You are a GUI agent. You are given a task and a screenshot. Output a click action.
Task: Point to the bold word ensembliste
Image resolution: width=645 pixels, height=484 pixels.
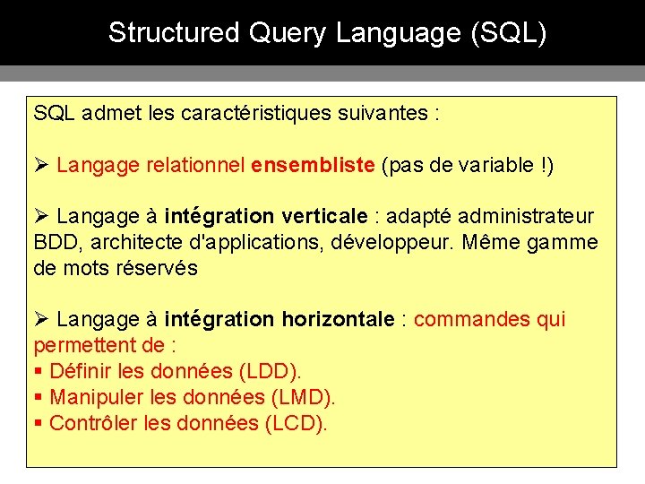point(313,165)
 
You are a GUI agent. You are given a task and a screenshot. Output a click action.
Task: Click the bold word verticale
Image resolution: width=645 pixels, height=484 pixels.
point(324,216)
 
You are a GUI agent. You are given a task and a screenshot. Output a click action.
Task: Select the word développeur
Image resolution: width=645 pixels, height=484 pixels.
point(403,242)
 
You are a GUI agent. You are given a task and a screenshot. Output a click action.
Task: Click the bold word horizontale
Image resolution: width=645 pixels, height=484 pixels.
point(338,319)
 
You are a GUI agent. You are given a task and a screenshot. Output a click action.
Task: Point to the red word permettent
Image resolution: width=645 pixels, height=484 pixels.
point(87,345)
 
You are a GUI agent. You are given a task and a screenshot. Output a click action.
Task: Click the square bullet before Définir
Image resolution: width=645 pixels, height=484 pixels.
point(39,371)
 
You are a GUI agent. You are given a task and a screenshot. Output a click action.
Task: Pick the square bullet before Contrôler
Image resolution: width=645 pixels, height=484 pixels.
point(39,423)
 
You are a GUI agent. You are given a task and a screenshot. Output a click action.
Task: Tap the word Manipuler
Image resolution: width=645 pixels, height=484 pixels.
point(91,397)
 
